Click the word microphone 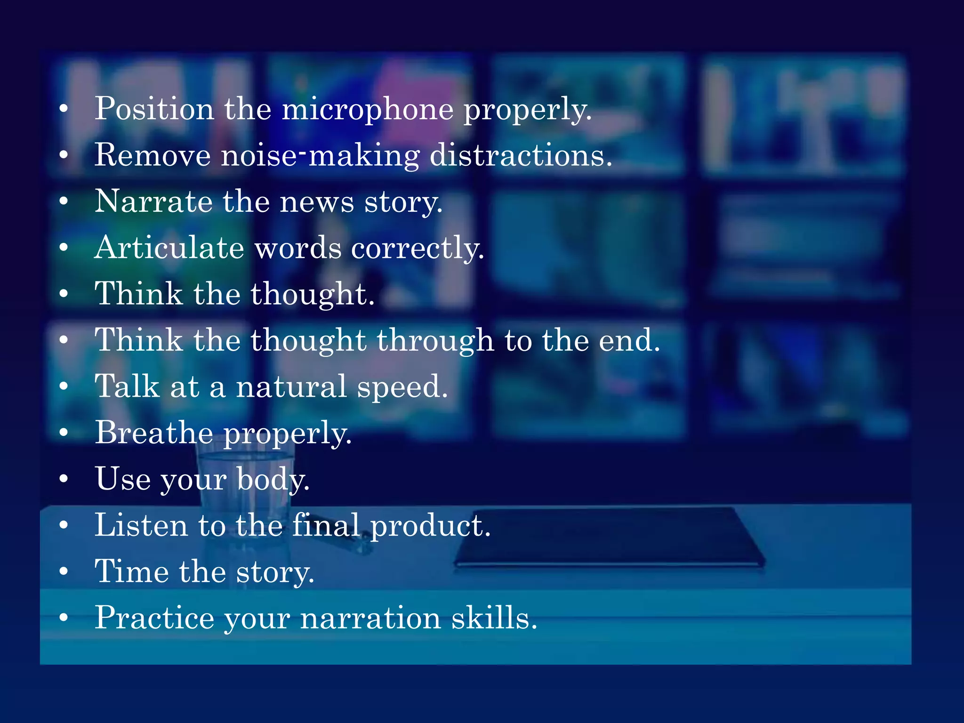[367, 109]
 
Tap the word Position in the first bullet [154, 109]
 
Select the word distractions [521, 155]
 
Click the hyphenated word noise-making [320, 155]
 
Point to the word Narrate [153, 201]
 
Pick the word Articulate [169, 248]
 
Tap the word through [435, 341]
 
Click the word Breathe [154, 433]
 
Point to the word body [273, 480]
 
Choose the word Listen [141, 525]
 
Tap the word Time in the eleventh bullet [131, 571]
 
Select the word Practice [154, 618]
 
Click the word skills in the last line [494, 618]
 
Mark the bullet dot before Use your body [64, 479]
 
